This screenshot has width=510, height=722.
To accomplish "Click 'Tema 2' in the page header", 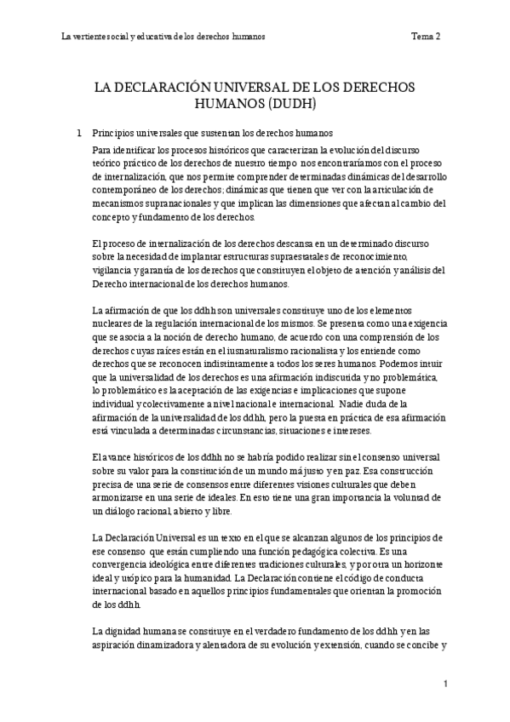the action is point(425,37).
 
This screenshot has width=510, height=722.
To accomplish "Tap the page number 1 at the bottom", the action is point(445,685).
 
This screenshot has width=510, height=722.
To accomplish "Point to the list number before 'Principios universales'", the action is point(79,133).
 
